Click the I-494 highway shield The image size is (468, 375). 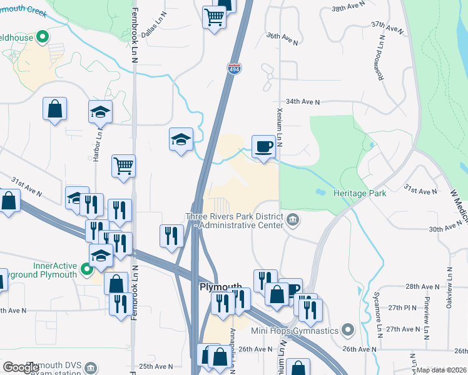(234, 69)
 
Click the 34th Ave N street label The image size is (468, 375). (303, 101)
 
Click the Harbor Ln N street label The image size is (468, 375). (98, 147)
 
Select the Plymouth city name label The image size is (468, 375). (220, 286)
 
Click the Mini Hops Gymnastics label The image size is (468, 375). (295, 331)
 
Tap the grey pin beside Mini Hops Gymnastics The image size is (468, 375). (348, 330)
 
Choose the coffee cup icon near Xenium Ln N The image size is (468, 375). (263, 146)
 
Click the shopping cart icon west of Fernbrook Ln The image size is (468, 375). (124, 166)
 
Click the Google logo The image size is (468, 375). (21, 367)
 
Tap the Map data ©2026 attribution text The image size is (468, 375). (440, 370)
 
